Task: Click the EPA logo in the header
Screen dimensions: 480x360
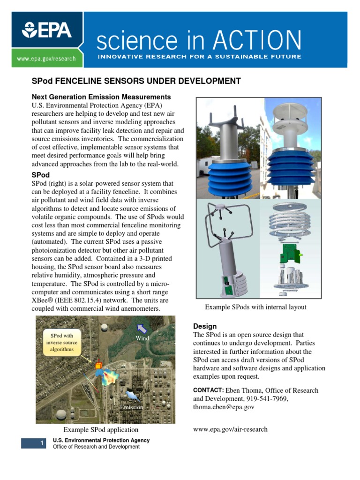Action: point(46,30)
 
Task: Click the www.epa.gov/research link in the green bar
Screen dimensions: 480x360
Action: point(46,59)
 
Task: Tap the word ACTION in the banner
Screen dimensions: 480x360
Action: point(257,40)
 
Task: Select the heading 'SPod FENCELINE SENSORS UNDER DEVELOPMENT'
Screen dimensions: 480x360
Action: point(136,81)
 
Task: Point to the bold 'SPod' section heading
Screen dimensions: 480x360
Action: point(40,175)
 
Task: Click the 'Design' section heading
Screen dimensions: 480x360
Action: point(205,326)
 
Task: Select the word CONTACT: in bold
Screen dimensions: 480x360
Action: point(209,390)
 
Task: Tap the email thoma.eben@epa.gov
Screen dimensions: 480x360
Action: point(224,407)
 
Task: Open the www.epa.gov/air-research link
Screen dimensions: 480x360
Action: point(230,429)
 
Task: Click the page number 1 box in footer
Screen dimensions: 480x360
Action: point(33,443)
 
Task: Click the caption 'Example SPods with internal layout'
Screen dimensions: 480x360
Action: point(255,307)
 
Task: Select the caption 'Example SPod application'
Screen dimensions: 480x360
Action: point(101,429)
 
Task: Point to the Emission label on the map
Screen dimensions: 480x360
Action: point(131,407)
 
